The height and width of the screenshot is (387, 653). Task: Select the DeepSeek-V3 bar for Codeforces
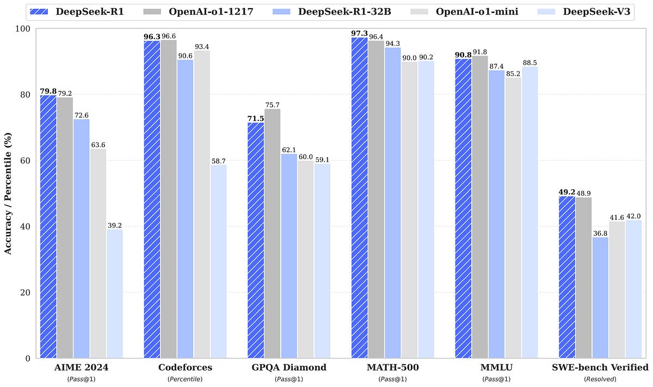click(218, 261)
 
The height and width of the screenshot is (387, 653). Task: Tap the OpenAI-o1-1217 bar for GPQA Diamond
click(272, 234)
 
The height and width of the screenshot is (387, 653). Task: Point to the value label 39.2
click(115, 224)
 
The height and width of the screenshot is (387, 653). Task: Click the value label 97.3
click(359, 33)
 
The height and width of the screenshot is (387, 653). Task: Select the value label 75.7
click(272, 105)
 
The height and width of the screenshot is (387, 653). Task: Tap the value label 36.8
click(600, 232)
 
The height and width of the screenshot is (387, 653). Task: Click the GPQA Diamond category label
click(288, 367)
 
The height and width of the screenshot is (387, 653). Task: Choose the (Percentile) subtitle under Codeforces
click(185, 379)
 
